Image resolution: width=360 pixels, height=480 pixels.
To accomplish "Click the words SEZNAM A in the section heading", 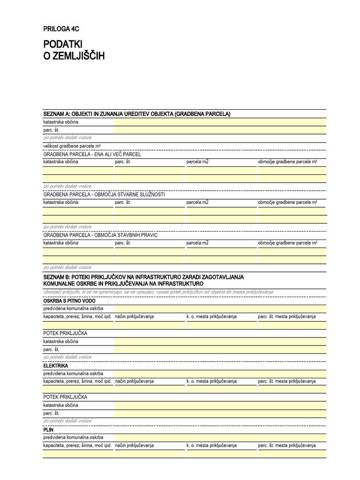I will (56, 114).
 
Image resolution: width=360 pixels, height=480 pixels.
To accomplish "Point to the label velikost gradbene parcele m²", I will (72, 146).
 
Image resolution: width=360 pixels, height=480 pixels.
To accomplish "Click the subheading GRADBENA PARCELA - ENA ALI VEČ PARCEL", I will (92, 154).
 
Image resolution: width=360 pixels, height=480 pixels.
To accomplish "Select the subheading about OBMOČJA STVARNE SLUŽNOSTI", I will (104, 194).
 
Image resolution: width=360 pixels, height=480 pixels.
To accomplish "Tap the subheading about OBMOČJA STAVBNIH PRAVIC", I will (100, 235).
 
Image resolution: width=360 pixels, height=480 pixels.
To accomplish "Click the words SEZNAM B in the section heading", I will (56, 277).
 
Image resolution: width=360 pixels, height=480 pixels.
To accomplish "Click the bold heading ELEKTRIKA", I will (56, 365).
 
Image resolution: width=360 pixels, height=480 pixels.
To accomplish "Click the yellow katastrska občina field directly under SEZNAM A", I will (220, 122).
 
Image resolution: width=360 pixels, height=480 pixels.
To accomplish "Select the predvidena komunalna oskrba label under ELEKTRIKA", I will (73, 373).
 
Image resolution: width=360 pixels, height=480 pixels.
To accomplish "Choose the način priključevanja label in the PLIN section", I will (135, 445).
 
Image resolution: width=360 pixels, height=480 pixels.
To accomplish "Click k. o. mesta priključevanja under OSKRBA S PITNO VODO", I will (211, 316).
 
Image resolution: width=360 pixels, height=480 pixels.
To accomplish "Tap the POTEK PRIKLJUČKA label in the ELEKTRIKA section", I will (65, 397).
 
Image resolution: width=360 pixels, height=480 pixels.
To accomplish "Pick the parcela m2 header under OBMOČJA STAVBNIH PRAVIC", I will (197, 243).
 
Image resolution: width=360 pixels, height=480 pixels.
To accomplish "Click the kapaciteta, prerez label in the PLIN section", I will (77, 445).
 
